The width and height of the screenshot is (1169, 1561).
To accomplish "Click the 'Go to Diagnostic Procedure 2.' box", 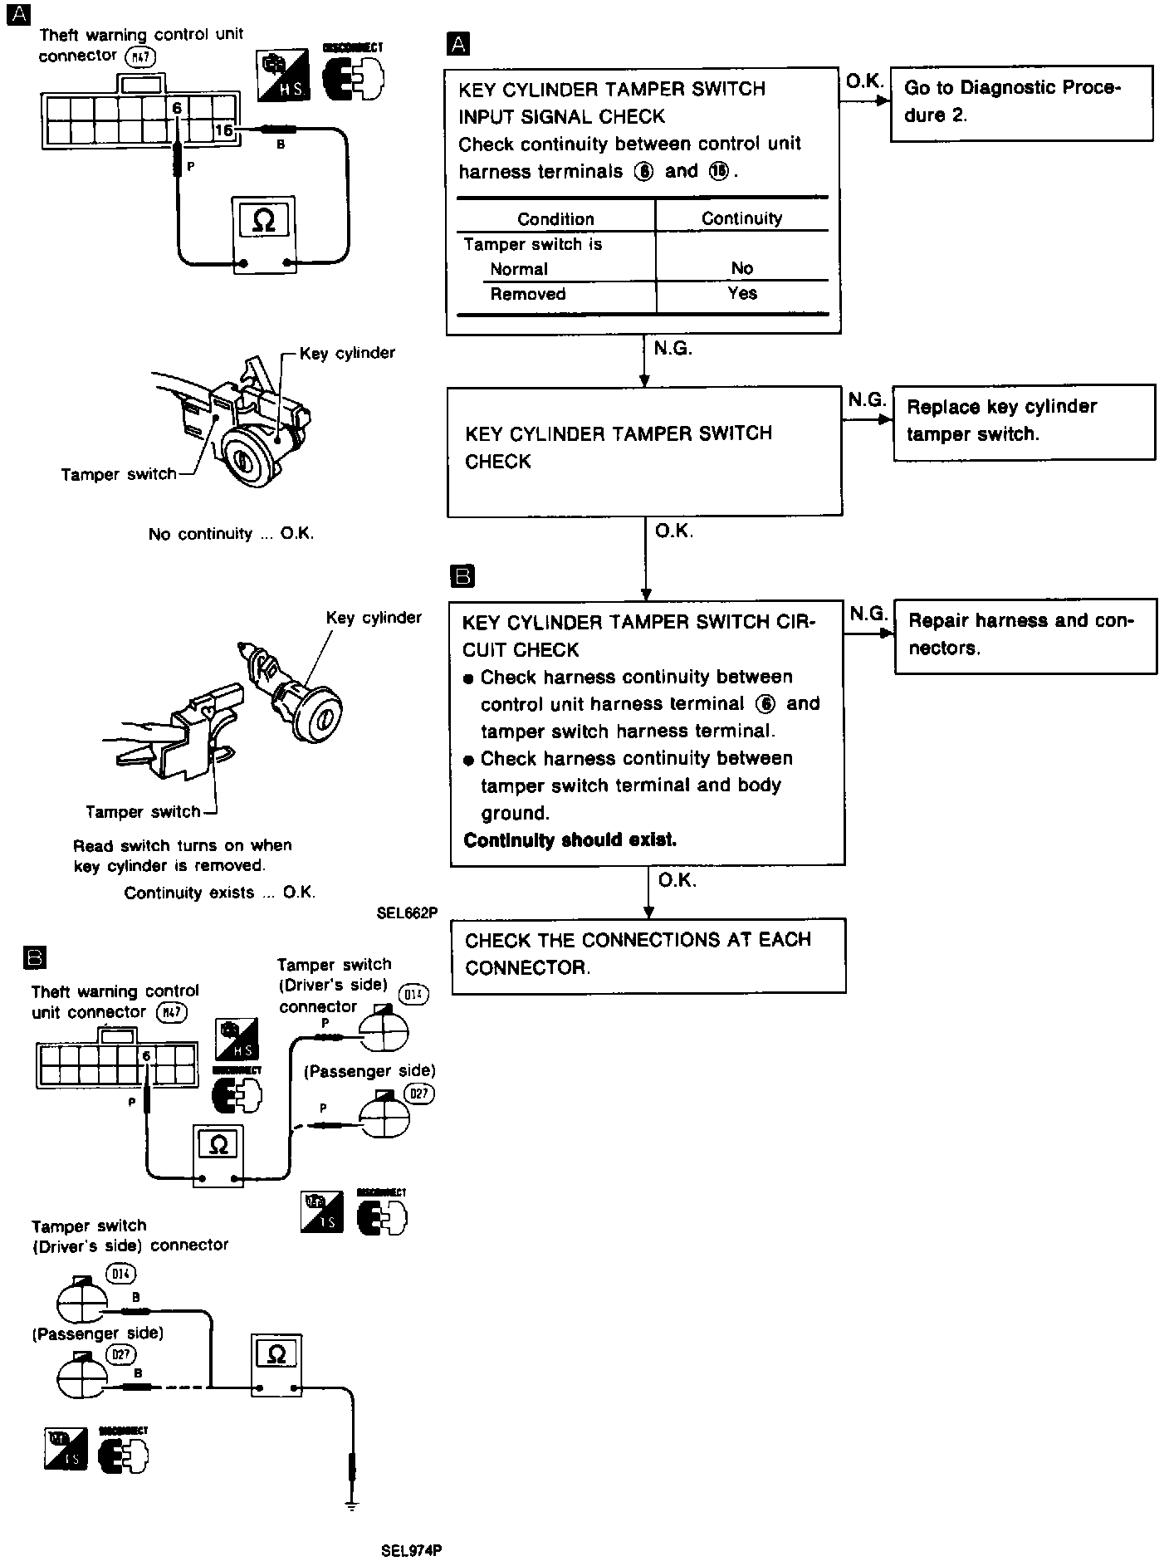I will point(1021,103).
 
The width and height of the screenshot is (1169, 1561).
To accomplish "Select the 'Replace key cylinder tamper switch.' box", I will point(1024,422).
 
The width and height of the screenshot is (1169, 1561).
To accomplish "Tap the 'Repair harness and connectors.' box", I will point(1025,635).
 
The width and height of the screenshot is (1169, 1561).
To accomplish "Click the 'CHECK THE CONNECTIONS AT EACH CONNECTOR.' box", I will point(648,955).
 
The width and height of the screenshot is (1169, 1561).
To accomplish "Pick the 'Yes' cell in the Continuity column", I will point(741,294).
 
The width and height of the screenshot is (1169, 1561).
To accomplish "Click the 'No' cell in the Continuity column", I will point(741,268).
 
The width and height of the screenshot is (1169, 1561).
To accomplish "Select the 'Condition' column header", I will point(555,219).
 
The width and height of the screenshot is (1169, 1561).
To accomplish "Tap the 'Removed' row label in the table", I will point(528,295).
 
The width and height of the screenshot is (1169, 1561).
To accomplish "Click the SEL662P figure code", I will point(407,913).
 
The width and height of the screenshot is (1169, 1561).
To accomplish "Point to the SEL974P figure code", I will point(412,1550).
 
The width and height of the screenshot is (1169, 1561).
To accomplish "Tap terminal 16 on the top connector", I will point(224,130).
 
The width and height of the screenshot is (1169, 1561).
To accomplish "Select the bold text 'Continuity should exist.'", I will point(570,840).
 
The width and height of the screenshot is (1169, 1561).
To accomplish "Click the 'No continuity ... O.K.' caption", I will point(231,534).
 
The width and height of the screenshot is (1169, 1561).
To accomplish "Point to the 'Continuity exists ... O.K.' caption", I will point(220,893).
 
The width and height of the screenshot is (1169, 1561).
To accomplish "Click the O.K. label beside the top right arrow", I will point(863,81).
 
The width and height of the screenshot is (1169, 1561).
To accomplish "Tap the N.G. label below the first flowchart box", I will point(673,350).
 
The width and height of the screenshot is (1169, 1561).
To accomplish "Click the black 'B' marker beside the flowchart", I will point(462,576).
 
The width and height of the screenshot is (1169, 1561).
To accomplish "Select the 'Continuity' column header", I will point(741,218).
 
